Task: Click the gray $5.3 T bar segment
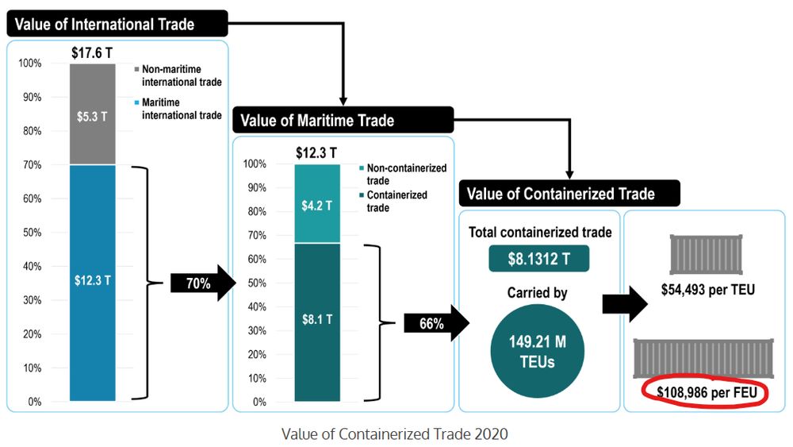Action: pyautogui.click(x=92, y=114)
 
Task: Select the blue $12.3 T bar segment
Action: pyautogui.click(x=92, y=282)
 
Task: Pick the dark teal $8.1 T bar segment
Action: pyautogui.click(x=316, y=321)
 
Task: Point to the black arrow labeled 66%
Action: pyautogui.click(x=435, y=324)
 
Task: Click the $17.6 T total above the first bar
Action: pyautogui.click(x=92, y=54)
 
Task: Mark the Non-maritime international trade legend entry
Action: pyautogui.click(x=178, y=75)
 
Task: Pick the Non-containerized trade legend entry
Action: pyautogui.click(x=404, y=173)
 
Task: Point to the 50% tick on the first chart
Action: pyautogui.click(x=33, y=233)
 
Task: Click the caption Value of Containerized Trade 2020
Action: pyautogui.click(x=394, y=434)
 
